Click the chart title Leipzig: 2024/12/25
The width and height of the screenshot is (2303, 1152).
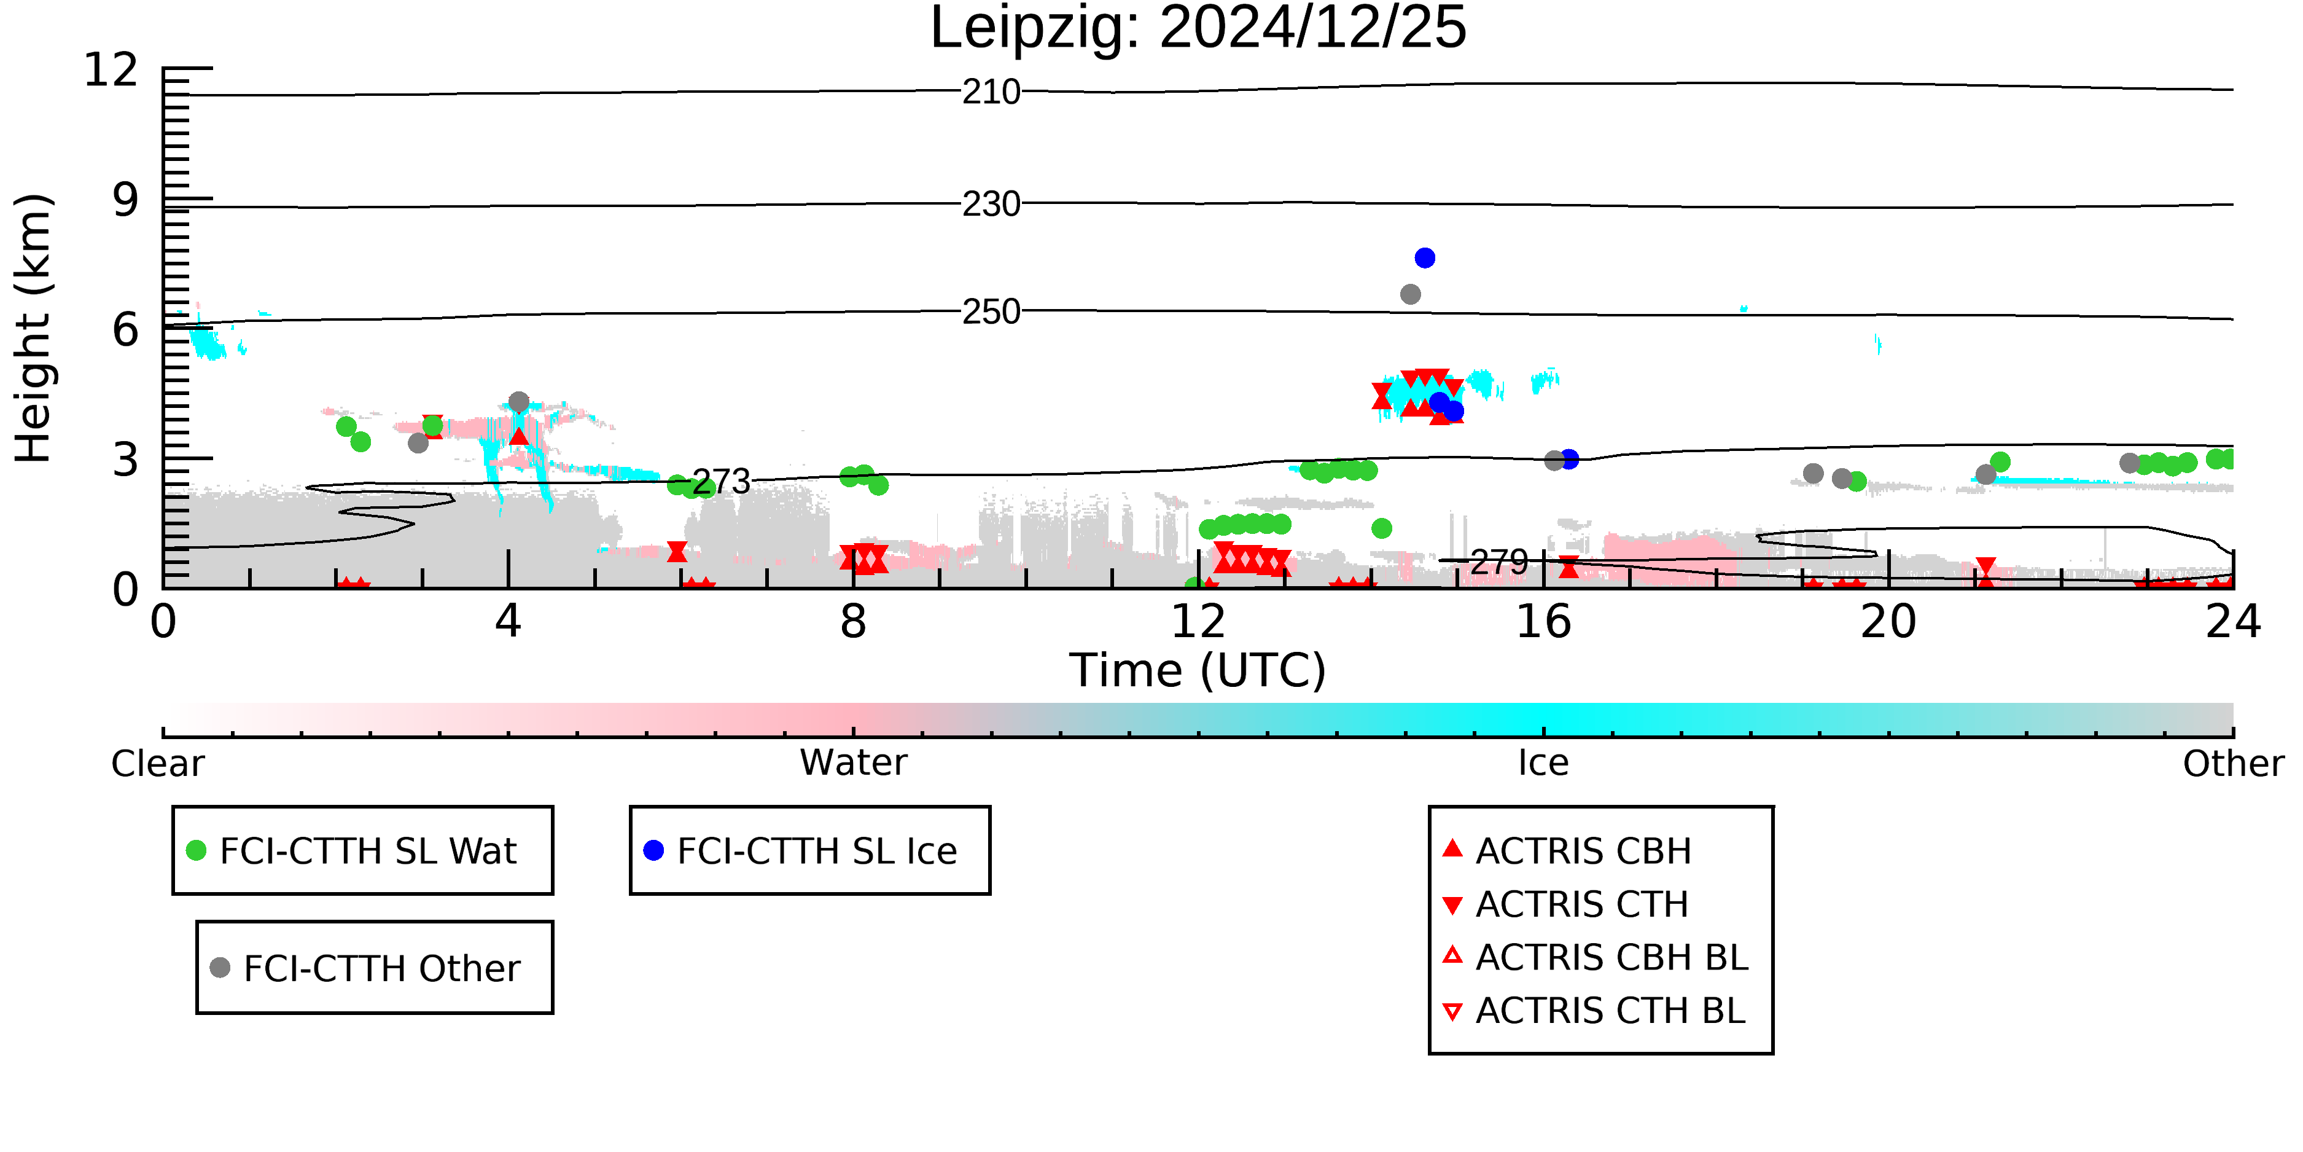coord(1198,29)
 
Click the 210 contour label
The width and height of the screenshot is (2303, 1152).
coord(991,92)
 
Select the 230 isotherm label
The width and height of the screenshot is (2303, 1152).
coord(991,205)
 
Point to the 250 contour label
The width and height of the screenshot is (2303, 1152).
coord(991,312)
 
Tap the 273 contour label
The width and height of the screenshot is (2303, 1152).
coord(722,482)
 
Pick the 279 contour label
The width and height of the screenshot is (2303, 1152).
coord(1499,563)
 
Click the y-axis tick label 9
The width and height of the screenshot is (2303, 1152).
coord(125,200)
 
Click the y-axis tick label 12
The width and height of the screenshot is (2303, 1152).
coord(111,70)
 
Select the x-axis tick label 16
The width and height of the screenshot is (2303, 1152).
coord(1543,622)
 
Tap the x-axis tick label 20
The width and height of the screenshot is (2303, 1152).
coord(1888,622)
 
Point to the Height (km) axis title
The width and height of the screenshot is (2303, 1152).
coord(34,328)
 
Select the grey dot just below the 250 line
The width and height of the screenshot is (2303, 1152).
coord(1411,294)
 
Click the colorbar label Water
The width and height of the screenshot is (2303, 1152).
coord(854,763)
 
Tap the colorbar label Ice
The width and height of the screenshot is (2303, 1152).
coord(1543,763)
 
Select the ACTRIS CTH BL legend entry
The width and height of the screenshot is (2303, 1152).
coord(1594,1011)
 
